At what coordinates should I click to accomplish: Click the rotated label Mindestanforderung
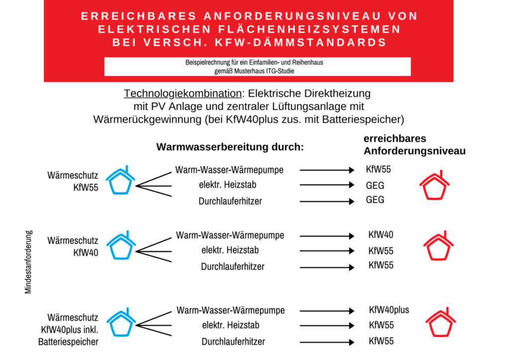28,261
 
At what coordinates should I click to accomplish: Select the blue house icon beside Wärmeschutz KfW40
122,246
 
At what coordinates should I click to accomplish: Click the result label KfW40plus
389,310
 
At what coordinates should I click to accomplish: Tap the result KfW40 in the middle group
381,235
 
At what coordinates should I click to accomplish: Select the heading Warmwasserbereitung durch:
230,147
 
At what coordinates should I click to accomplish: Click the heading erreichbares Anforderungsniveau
414,145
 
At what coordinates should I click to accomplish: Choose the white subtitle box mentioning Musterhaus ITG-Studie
257,67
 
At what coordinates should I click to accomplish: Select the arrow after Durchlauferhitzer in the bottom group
327,342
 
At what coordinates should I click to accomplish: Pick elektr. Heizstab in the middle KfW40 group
230,250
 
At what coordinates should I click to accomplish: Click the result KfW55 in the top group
378,170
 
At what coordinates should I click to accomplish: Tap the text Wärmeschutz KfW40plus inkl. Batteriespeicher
70,329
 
